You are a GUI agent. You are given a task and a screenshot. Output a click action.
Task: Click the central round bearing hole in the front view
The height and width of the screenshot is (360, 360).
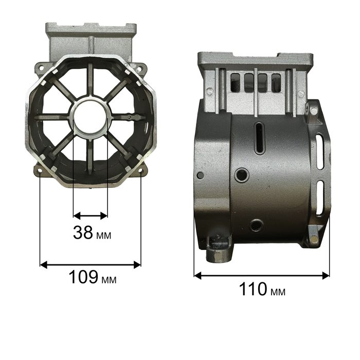[91, 118]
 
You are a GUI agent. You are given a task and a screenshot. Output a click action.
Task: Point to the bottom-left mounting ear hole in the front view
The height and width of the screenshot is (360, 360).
[40, 171]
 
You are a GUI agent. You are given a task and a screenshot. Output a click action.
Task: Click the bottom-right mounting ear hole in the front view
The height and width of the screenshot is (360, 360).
[140, 171]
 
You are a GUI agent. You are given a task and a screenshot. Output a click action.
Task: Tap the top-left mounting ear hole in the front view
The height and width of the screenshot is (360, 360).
[41, 68]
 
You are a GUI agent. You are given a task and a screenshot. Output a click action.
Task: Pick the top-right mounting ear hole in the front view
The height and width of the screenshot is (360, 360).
[139, 68]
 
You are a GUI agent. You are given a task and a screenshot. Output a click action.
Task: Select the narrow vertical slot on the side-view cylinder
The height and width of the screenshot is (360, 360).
[260, 138]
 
